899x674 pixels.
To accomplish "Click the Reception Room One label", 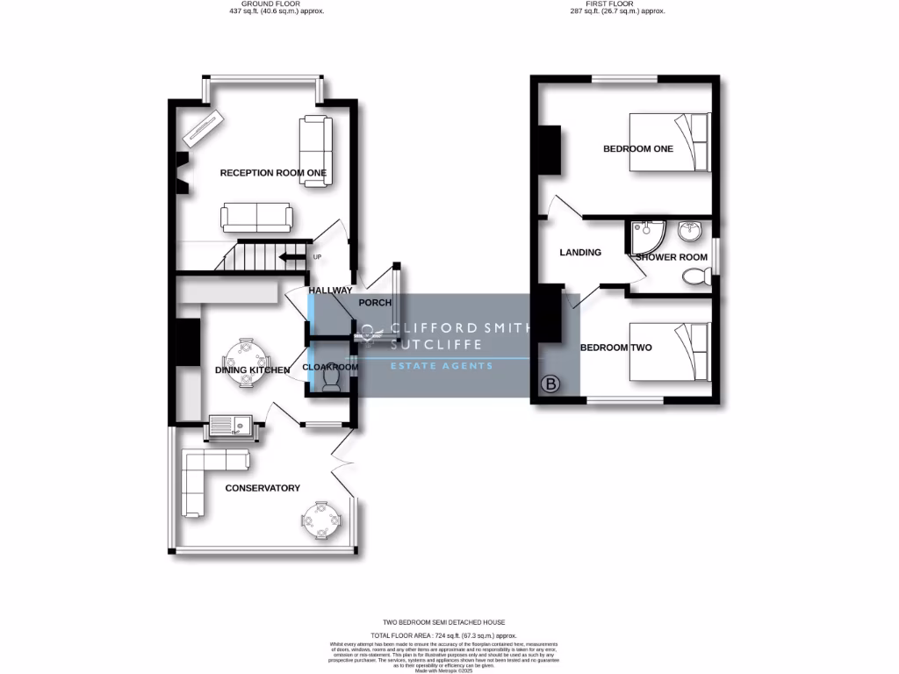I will (x=273, y=173).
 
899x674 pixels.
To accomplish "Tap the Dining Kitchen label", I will (x=252, y=370).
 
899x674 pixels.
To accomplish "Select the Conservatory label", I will (x=263, y=488).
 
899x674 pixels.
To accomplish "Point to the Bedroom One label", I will (x=637, y=149).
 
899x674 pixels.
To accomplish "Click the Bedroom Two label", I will (x=615, y=348).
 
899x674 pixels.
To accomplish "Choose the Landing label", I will (x=580, y=253).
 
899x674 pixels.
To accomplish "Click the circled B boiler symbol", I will (x=551, y=384).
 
